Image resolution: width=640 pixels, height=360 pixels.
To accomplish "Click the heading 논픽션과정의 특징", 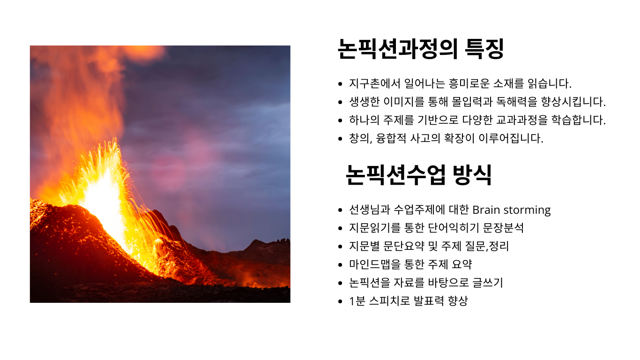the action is pos(421,49).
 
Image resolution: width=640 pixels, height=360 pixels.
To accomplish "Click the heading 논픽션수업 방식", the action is pos(418,175).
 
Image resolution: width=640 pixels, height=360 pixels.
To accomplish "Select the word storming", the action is pos(527,210).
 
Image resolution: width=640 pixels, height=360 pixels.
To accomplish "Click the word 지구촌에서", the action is pos(375,83).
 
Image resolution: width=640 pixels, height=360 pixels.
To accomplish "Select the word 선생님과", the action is pos(369,210).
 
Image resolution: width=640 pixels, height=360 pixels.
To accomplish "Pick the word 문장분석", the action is pos(503,228).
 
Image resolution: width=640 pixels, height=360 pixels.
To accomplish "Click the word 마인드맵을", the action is pos(374,264).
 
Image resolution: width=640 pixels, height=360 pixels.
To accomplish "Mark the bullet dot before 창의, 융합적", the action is pos(340,139).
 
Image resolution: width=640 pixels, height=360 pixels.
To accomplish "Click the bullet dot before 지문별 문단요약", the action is pos(340,247).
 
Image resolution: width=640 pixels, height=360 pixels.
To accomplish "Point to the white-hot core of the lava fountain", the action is pos(103,197).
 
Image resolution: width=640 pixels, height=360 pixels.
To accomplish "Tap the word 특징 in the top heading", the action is pos(484,49).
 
